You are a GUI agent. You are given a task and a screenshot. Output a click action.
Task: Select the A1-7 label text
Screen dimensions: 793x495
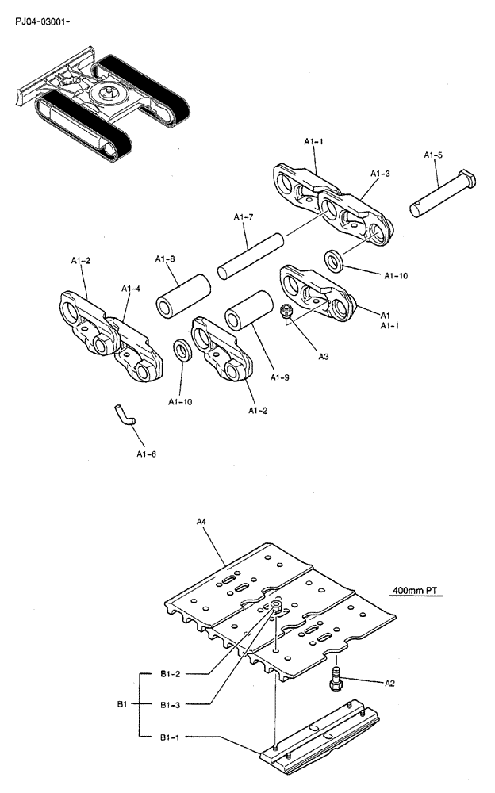pos(244,217)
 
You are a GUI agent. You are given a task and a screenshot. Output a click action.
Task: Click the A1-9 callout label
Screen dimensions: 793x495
pos(280,377)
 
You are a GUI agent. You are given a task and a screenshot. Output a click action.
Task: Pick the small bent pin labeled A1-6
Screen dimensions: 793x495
pos(124,414)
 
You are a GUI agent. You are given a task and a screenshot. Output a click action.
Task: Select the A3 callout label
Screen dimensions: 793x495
pos(324,357)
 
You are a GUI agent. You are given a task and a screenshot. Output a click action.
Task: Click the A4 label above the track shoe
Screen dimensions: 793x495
pos(201,521)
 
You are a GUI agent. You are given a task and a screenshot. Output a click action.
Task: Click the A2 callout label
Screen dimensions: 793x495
pos(389,682)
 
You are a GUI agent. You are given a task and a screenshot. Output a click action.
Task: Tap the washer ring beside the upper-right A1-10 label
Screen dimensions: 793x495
pos(333,259)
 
